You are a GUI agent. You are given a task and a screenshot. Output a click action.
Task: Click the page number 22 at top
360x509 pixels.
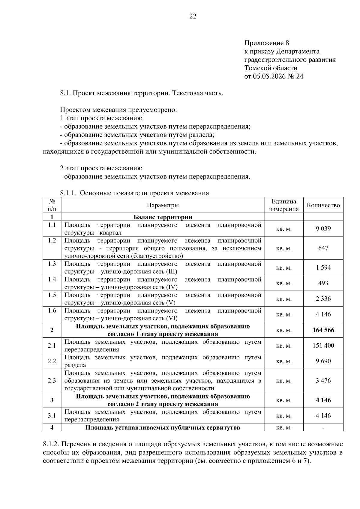(x=193, y=16)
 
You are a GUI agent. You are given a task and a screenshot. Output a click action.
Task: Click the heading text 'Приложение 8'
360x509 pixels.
(x=266, y=43)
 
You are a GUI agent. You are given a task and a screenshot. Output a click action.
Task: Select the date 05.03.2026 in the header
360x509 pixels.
(x=269, y=76)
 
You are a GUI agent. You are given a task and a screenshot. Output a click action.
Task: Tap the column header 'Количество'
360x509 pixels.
(x=323, y=205)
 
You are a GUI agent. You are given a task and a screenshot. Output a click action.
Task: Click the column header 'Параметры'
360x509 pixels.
(x=163, y=205)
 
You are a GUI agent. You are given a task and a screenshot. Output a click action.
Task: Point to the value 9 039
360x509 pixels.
(x=323, y=229)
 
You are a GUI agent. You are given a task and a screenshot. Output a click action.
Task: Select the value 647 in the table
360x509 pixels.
(x=323, y=248)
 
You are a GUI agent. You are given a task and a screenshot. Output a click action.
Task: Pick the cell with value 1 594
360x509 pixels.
(x=323, y=268)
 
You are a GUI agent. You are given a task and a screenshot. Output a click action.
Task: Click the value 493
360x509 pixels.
(x=323, y=283)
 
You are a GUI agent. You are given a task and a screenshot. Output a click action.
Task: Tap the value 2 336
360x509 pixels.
(x=323, y=299)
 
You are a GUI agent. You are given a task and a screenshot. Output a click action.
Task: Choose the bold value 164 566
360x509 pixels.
(x=323, y=330)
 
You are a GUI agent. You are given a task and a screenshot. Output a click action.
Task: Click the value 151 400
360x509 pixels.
(x=323, y=346)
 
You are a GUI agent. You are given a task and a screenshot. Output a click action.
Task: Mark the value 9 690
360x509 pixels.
(x=323, y=361)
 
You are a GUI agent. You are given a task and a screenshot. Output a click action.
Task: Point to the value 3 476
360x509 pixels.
(x=323, y=381)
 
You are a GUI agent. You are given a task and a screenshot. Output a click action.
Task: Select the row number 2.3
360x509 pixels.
(x=52, y=381)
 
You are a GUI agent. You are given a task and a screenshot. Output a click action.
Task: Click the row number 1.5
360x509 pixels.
(x=52, y=295)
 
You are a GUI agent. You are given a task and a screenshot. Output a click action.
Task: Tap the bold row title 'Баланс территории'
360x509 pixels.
(x=163, y=217)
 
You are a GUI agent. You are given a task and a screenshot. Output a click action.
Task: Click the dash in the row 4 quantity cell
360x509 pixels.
(x=323, y=428)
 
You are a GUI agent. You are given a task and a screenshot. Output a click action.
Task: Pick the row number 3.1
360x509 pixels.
(x=52, y=416)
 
